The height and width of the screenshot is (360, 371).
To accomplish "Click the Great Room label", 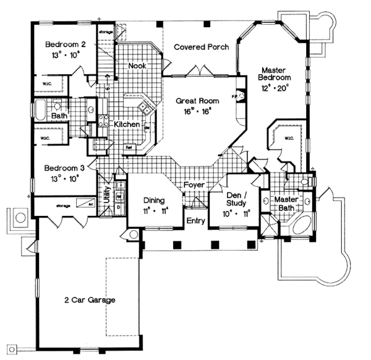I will point(195,100).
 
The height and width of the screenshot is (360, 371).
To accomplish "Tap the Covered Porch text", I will point(201,47).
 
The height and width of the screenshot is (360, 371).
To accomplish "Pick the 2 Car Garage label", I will point(90,301).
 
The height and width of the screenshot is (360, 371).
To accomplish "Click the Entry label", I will point(195,220).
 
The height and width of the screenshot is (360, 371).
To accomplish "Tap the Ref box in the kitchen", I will point(129,148).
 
